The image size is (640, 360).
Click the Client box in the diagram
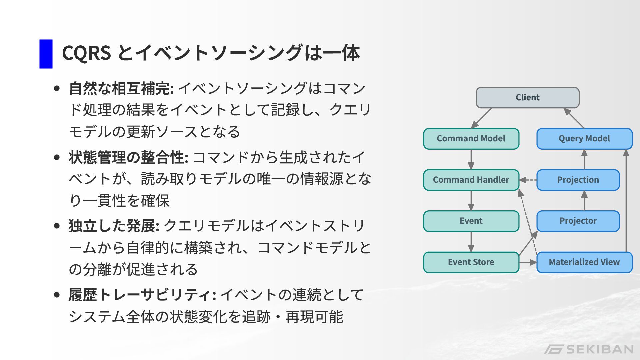pyautogui.click(x=527, y=97)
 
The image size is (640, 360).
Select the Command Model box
pyautogui.click(x=471, y=139)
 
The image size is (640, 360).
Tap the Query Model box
pyautogui.click(x=584, y=139)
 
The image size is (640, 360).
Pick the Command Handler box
pyautogui.click(x=471, y=180)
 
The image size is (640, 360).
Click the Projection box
pyautogui.click(x=578, y=180)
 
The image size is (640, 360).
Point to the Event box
pyautogui.click(x=471, y=221)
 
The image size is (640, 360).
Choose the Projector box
pyautogui.click(x=578, y=221)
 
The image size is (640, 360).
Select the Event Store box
pyautogui.click(x=471, y=262)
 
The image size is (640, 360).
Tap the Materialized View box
pyautogui.click(x=584, y=262)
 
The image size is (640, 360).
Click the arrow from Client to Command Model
pyautogui.click(x=482, y=118)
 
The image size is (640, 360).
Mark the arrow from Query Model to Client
pyautogui.click(x=574, y=118)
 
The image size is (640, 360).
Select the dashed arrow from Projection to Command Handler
pyautogui.click(x=528, y=180)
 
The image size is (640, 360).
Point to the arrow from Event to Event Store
pyautogui.click(x=471, y=242)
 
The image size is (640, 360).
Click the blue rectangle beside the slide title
pyautogui.click(x=46, y=54)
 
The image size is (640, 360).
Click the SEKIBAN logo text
pyautogui.click(x=600, y=349)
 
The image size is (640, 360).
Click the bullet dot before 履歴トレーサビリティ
pyautogui.click(x=57, y=295)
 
